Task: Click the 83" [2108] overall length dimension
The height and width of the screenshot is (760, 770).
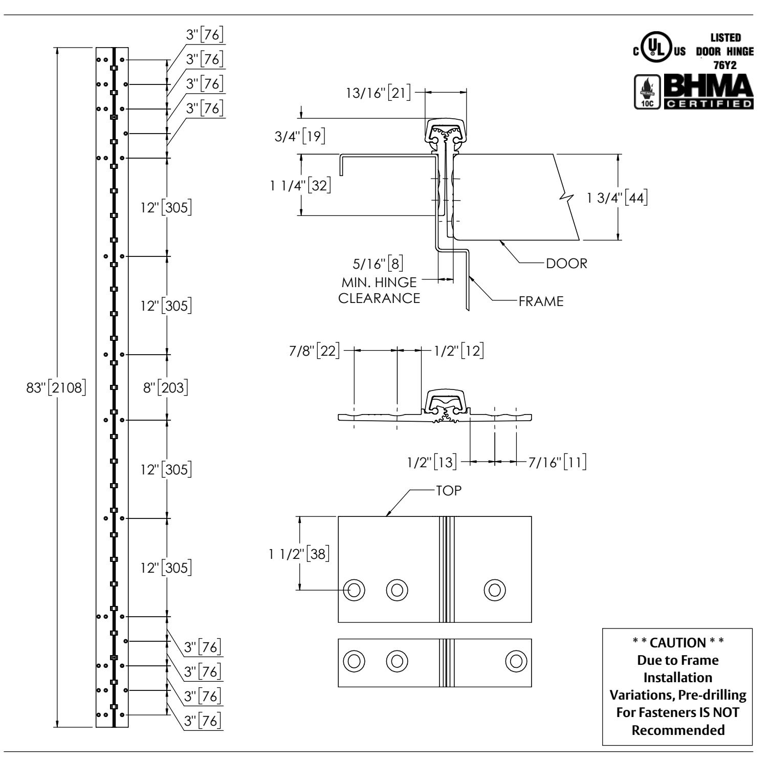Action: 56,387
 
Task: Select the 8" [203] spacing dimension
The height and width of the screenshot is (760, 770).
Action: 165,387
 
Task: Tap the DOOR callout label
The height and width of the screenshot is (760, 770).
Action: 567,264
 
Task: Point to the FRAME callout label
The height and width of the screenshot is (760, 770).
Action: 541,301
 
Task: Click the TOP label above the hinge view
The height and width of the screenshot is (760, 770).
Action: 448,490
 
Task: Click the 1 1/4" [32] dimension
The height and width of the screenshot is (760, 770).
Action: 300,186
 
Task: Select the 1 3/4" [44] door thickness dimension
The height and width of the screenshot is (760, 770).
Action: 617,198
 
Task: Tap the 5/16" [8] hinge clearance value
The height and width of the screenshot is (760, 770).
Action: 378,264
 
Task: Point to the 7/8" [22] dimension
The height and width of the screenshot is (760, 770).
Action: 313,351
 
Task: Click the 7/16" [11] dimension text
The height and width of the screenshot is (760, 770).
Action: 557,462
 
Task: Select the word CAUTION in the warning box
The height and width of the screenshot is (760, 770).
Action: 678,642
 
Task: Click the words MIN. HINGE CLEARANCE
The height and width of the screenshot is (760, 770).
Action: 379,290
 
